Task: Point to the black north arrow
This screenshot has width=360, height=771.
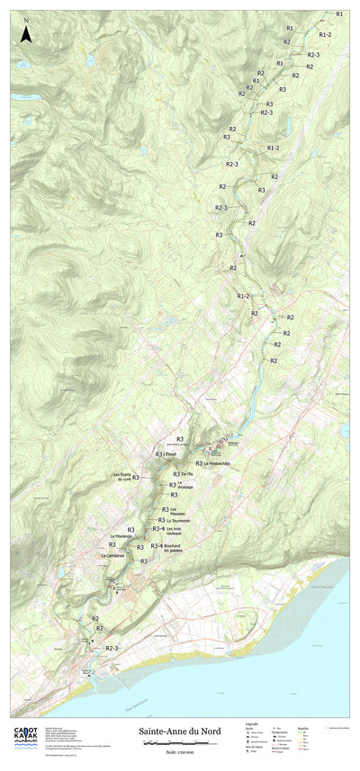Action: pyautogui.click(x=27, y=35)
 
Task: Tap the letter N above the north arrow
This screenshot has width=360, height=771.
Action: pyautogui.click(x=27, y=20)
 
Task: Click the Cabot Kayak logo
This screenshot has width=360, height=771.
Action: pyautogui.click(x=25, y=733)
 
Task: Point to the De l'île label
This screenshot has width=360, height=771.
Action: pyautogui.click(x=187, y=473)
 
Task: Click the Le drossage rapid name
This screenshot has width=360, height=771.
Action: pyautogui.click(x=185, y=487)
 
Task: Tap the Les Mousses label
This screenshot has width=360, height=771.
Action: pyautogui.click(x=178, y=510)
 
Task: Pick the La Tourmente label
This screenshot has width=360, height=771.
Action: pyautogui.click(x=179, y=520)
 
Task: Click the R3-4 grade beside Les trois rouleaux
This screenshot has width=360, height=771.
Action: pyautogui.click(x=157, y=531)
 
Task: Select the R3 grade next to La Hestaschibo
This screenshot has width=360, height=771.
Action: pyautogui.click(x=198, y=463)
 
